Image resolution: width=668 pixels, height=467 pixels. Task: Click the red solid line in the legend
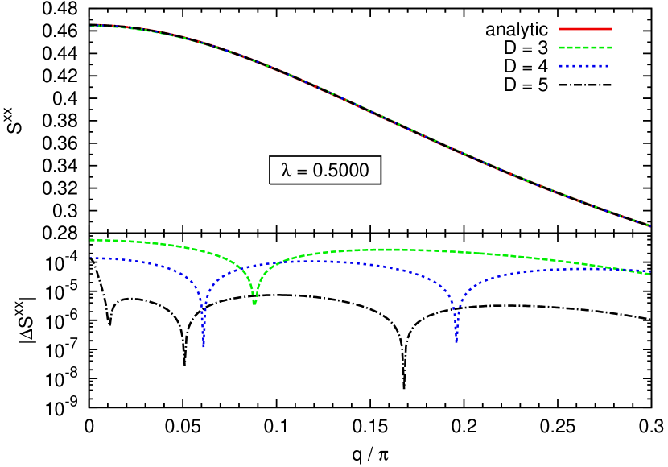[585, 29]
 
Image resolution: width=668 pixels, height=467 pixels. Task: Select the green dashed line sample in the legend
[585, 48]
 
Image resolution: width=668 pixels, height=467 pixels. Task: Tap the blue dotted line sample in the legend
[583, 66]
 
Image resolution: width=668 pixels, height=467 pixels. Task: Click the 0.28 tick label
[60, 233]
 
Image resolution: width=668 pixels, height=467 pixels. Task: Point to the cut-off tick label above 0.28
[64, 215]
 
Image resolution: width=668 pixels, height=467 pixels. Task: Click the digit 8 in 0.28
[72, 233]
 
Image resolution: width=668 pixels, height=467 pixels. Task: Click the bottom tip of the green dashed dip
[254, 303]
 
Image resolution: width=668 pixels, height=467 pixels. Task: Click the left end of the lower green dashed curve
[91, 240]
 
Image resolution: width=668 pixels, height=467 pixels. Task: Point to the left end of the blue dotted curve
[94, 258]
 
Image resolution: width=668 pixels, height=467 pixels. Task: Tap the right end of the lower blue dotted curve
[649, 271]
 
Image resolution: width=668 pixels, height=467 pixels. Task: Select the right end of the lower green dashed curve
[649, 275]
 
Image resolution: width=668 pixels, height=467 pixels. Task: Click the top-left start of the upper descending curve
[92, 27]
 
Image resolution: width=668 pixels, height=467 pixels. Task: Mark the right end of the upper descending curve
[649, 225]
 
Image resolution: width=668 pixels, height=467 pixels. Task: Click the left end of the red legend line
[560, 29]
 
